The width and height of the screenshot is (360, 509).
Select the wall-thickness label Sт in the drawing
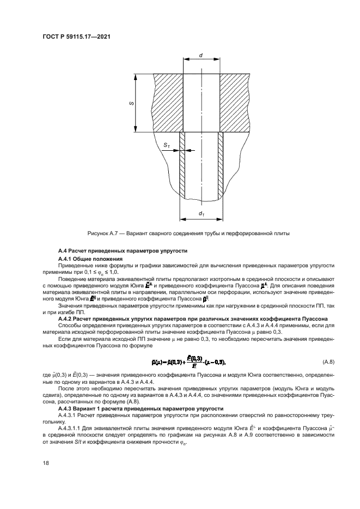click(x=167, y=145)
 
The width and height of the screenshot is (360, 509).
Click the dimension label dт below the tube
click(x=202, y=213)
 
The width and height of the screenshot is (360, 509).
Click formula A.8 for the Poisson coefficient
click(x=188, y=363)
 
